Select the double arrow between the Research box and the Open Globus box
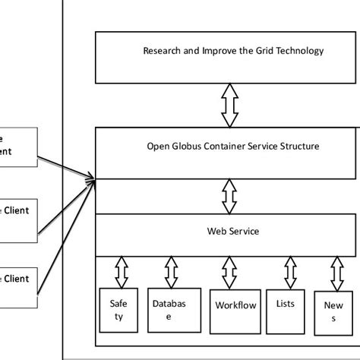(229, 105)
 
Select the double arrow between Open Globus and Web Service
(229, 197)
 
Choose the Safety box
(118, 309)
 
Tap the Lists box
(286, 305)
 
